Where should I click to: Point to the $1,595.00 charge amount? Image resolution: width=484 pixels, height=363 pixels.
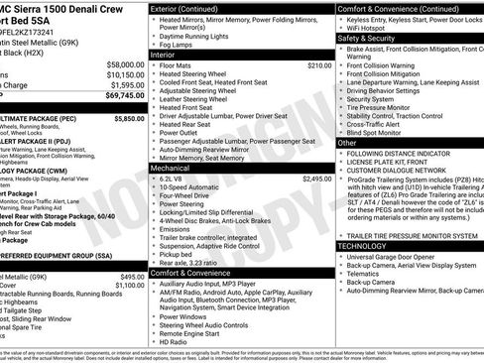[x=125, y=84]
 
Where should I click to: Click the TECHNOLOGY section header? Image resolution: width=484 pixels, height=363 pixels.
[x=363, y=245]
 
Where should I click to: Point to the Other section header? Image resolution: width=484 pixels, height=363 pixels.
[x=347, y=142]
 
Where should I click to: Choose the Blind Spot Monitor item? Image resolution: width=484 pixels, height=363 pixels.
[x=376, y=132]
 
